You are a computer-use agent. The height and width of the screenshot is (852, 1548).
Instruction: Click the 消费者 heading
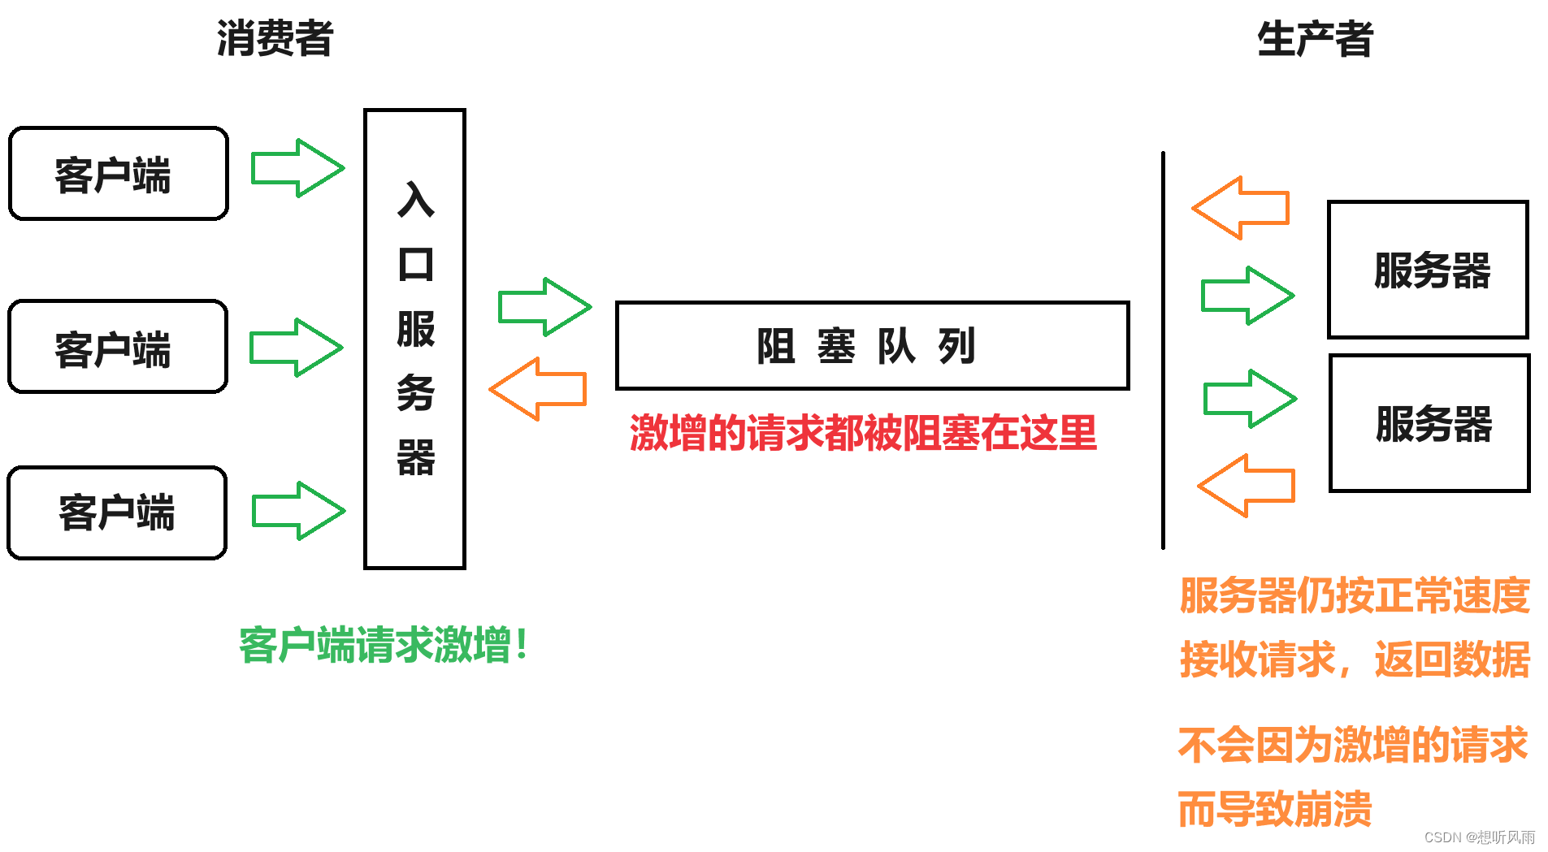(275, 39)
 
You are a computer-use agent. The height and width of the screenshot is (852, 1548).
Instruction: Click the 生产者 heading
(1315, 39)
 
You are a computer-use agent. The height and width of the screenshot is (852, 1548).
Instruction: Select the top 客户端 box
(119, 174)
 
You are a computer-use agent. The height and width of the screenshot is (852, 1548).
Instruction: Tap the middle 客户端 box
(118, 347)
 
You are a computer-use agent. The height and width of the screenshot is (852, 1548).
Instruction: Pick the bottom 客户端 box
(117, 513)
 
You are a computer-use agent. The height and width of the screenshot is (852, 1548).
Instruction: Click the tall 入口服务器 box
(414, 339)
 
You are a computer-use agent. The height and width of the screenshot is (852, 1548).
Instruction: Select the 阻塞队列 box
(872, 346)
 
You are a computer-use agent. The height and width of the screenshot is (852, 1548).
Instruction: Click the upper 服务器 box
(1428, 270)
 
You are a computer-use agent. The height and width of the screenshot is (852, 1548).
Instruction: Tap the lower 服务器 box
(1429, 423)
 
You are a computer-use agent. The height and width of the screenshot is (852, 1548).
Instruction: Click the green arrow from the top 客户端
(297, 168)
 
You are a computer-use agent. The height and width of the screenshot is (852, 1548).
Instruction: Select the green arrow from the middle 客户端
(296, 348)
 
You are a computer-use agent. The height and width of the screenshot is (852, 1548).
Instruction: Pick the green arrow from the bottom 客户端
(298, 511)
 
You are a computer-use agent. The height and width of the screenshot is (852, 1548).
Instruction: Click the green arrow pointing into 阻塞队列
(544, 307)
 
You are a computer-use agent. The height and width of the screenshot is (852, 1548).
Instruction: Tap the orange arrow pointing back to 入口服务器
(538, 389)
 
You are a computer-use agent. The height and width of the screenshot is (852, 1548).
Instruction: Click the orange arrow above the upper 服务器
(1241, 208)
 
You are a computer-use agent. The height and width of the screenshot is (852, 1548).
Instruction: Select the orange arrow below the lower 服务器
(1247, 486)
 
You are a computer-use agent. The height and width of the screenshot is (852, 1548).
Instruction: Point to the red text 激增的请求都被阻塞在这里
(863, 433)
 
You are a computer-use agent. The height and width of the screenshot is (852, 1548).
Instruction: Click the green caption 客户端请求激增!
(384, 646)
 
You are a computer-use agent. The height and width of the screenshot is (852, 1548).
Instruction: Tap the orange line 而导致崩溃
(1274, 810)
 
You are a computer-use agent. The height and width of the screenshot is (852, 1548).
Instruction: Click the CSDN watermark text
(1479, 837)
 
